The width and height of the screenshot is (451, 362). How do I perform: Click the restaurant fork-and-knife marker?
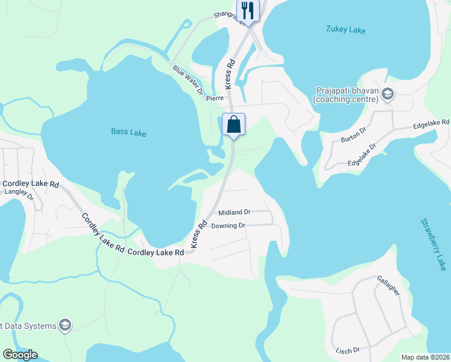[x=248, y=10]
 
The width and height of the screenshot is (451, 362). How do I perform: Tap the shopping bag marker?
[x=233, y=125]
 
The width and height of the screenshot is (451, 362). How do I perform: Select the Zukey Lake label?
[x=345, y=29]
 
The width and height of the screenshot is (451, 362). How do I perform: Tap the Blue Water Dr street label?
[x=188, y=80]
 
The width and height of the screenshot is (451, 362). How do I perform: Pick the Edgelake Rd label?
[x=431, y=124]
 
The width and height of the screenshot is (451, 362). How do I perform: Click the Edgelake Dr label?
[x=362, y=154]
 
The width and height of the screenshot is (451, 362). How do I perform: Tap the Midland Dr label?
[x=234, y=212]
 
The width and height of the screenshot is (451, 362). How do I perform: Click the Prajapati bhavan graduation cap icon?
[x=388, y=94]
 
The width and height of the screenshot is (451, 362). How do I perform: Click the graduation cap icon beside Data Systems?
[x=65, y=326]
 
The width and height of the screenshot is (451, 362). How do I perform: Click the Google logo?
[x=20, y=355]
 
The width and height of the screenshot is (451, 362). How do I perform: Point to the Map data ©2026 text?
[x=425, y=357]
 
